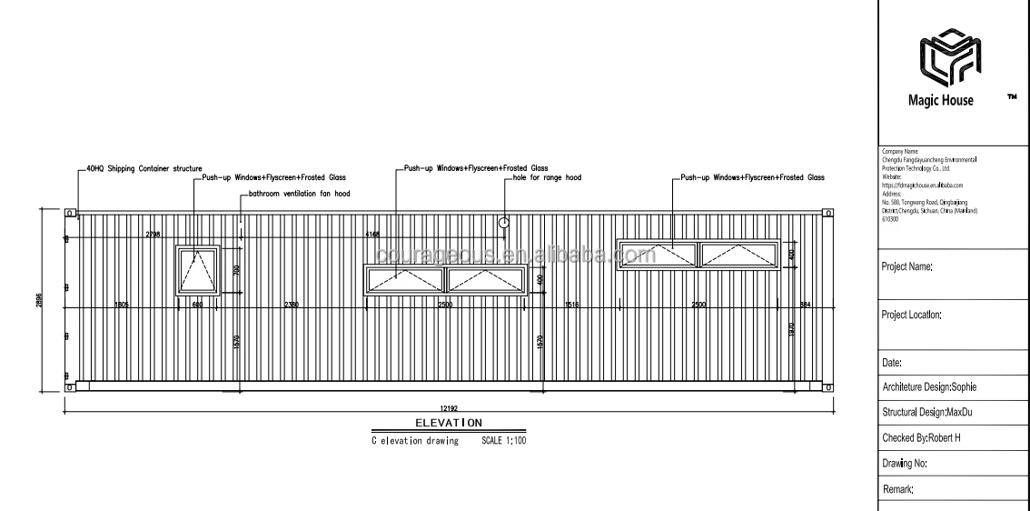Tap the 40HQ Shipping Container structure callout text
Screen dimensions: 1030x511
[x=144, y=168]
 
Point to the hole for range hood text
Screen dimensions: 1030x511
[x=548, y=178]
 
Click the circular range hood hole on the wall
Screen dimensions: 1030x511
[x=505, y=221]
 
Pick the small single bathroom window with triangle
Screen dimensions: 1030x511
[x=198, y=269]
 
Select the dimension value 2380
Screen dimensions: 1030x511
[x=291, y=304]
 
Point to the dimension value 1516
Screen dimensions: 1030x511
[x=572, y=304]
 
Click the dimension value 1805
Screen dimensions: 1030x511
[x=121, y=304]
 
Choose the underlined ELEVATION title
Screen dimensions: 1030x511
[x=448, y=423]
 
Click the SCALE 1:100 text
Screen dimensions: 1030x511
[x=503, y=441]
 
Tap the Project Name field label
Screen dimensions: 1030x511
[x=906, y=266]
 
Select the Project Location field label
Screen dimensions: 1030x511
[x=911, y=315]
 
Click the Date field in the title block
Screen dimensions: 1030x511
[x=891, y=363]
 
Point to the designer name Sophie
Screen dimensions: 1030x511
[x=961, y=387]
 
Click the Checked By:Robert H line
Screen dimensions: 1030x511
[x=921, y=437]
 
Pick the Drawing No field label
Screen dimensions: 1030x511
[x=904, y=463]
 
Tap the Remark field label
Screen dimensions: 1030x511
[x=897, y=489]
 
